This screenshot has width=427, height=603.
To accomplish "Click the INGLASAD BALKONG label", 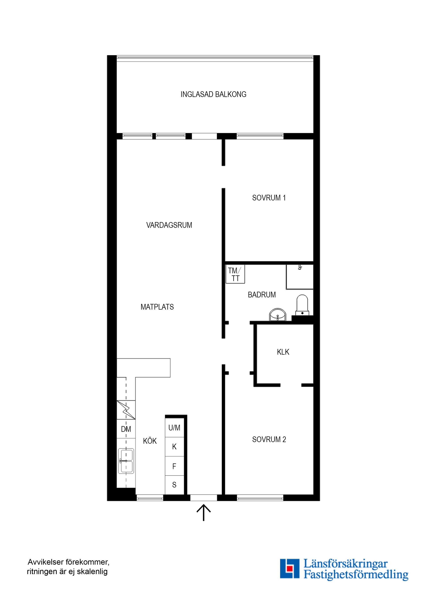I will [x=213, y=94].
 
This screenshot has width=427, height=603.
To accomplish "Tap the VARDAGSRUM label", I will [x=169, y=225].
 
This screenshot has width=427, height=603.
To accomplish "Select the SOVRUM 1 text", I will [x=269, y=198].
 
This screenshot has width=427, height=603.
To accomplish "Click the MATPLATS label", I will [x=157, y=307].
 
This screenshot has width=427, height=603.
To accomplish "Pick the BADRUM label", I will [x=262, y=295].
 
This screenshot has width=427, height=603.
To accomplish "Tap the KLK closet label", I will [x=283, y=352].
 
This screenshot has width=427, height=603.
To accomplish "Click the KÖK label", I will [x=150, y=441].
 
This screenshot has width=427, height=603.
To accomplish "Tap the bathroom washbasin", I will [x=278, y=315].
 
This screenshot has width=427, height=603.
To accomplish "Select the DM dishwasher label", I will [x=126, y=429].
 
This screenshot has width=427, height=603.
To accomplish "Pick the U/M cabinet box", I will [x=174, y=428].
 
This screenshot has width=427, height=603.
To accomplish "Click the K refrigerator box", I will [x=174, y=447].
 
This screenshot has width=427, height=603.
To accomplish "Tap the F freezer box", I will [x=174, y=466].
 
